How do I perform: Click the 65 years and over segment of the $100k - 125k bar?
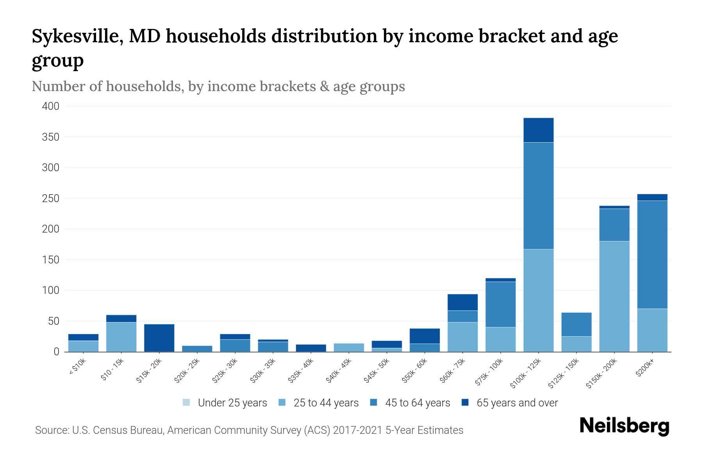tap(538, 130)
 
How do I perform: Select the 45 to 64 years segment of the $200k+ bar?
tap(652, 254)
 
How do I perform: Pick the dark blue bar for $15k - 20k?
tap(159, 338)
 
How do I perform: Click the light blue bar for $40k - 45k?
tap(349, 347)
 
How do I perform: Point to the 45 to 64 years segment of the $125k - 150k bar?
tap(576, 324)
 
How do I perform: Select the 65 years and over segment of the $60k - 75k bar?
tap(462, 302)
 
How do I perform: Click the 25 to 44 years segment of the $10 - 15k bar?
tap(121, 337)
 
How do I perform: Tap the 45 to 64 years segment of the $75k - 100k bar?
tap(500, 304)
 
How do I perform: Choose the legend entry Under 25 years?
tap(232, 403)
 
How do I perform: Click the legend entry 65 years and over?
tap(517, 403)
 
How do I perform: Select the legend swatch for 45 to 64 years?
tap(374, 403)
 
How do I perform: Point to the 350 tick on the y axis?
tap(51, 137)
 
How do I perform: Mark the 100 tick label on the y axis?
tap(51, 290)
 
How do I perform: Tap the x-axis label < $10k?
tap(77, 367)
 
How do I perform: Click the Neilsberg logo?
tap(624, 426)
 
